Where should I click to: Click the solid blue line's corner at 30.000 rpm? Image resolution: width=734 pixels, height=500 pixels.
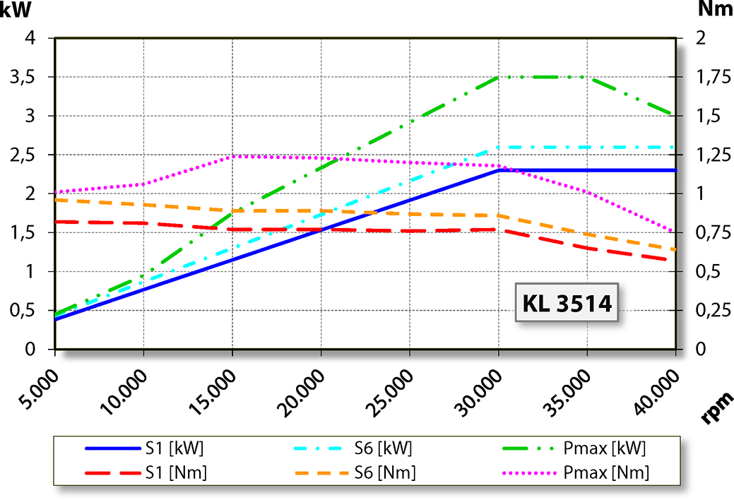(499, 170)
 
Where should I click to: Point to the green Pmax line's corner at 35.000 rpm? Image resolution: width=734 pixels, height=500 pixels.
(587, 77)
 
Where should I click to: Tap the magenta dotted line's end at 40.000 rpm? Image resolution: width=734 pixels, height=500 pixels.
(675, 232)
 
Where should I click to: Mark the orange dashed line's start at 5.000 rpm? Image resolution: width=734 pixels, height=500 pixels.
(56, 200)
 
